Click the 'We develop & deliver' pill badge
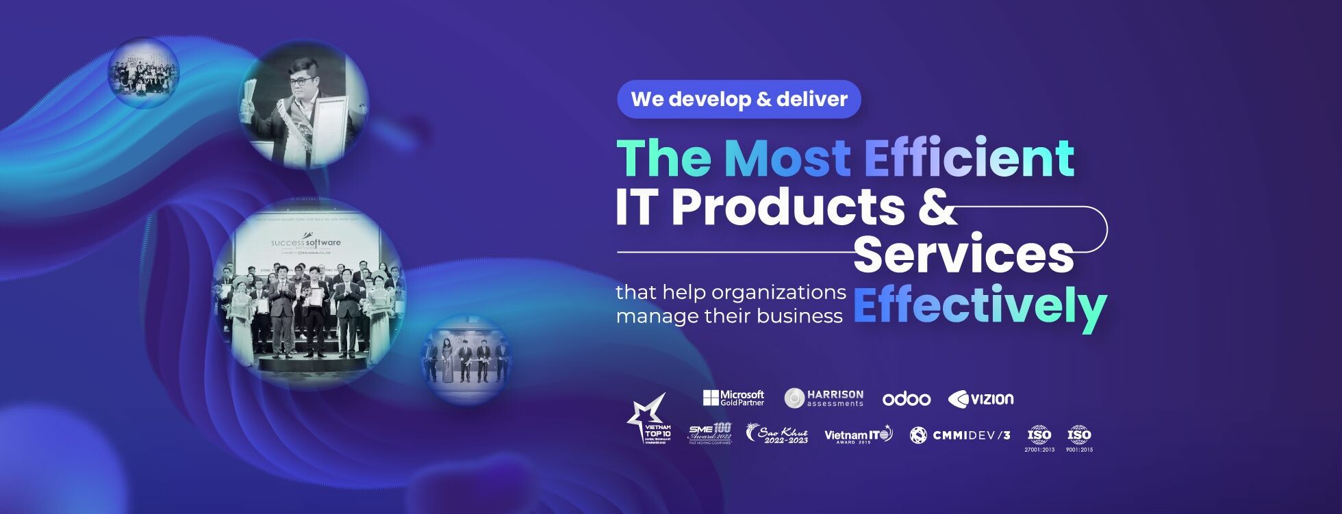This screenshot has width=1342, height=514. click(739, 99)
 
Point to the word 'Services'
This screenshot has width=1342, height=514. click(963, 255)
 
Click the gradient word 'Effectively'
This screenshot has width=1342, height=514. click(979, 306)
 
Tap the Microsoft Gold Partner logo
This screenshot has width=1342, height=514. click(733, 398)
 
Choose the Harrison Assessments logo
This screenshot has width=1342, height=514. click(824, 398)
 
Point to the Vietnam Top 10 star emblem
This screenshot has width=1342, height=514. click(648, 419)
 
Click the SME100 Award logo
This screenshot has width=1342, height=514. click(710, 434)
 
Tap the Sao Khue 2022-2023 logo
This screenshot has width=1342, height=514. click(777, 434)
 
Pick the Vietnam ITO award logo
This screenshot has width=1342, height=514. click(859, 435)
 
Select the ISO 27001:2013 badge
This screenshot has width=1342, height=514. click(1039, 438)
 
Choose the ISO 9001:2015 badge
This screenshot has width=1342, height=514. click(1080, 438)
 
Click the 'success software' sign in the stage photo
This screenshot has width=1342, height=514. click(305, 244)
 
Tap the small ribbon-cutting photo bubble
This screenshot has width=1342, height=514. click(466, 359)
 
